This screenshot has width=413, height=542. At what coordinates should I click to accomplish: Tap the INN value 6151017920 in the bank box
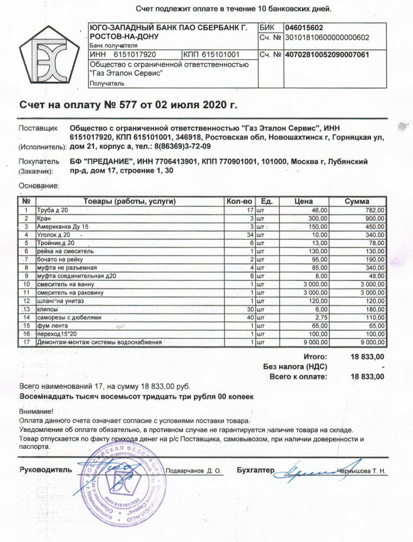[x=130, y=55]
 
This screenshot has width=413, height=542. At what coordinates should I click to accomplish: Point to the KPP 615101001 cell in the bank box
[x=212, y=55]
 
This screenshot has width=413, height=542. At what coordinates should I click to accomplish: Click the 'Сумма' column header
[x=360, y=201]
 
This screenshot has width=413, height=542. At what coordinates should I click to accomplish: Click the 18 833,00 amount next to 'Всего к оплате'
[x=368, y=376]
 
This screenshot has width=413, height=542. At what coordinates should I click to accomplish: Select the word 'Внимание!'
[x=37, y=411]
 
